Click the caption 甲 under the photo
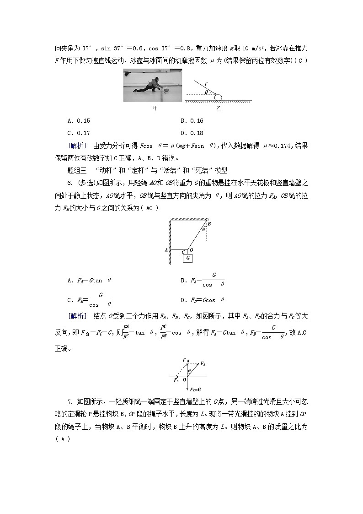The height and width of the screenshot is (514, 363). coord(155,108)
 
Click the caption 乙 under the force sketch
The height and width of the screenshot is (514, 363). coord(219,108)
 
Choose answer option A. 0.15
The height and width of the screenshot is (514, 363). coord(79,121)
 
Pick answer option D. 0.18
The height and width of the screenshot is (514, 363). coord(192,133)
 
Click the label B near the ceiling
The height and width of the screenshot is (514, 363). coord(209,224)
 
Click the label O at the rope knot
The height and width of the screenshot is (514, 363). coord(191,250)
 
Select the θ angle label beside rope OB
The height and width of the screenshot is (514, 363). coord(203,230)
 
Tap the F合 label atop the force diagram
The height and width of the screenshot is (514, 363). coord(185,361)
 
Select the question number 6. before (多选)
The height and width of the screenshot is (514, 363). coord(70,183)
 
